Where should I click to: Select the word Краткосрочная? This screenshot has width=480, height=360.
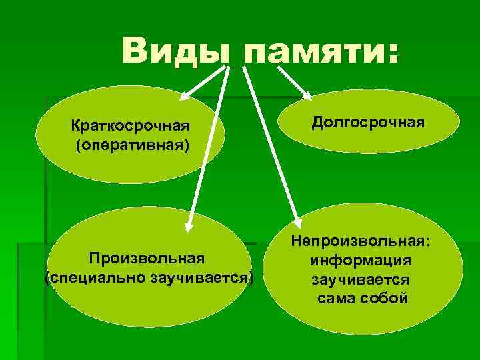click(x=131, y=126)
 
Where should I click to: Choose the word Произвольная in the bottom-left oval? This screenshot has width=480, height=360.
click(x=149, y=258)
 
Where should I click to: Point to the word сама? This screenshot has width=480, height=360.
click(x=335, y=297)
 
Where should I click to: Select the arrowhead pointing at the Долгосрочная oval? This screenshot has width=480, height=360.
click(x=305, y=94)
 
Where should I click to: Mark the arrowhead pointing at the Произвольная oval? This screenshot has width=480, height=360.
click(x=189, y=225)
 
